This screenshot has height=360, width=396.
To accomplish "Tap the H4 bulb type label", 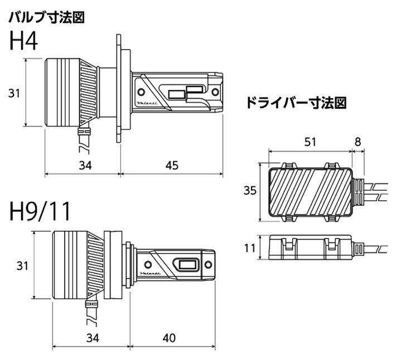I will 23,41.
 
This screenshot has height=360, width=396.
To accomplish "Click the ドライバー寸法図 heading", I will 296,103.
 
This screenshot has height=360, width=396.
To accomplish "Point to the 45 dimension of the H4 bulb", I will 172,164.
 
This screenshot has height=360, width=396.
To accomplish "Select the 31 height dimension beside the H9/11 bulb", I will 22,266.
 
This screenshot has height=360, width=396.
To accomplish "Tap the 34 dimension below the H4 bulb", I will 85,164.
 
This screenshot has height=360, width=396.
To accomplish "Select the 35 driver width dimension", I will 250,191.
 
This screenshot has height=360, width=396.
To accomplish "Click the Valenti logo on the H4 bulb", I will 146,104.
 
